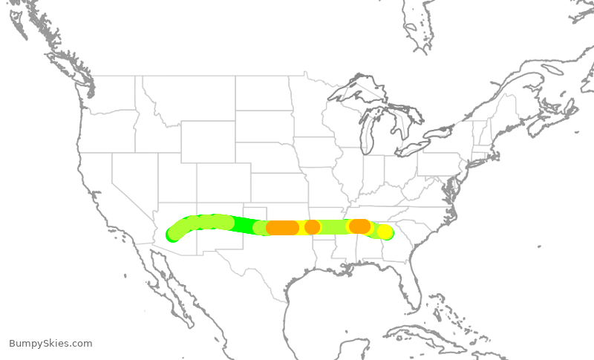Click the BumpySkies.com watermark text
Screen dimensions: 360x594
pos(50,343)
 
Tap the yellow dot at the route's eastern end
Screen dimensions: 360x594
pos(385,232)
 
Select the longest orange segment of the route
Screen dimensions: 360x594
pos(282,228)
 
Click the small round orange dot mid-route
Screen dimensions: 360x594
pos(312,226)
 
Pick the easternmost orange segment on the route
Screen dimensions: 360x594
pos(359,226)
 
